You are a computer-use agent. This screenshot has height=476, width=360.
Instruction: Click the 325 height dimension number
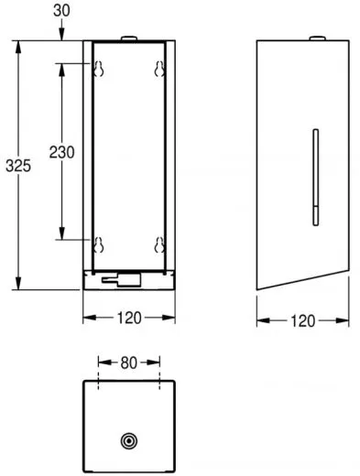pyautogui.click(x=15, y=166)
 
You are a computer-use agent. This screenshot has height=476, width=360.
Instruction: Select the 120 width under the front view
pyautogui.click(x=130, y=320)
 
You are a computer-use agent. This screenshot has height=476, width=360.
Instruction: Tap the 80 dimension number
pyautogui.click(x=129, y=362)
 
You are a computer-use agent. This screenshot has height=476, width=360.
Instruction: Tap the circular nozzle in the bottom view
pyautogui.click(x=129, y=440)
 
